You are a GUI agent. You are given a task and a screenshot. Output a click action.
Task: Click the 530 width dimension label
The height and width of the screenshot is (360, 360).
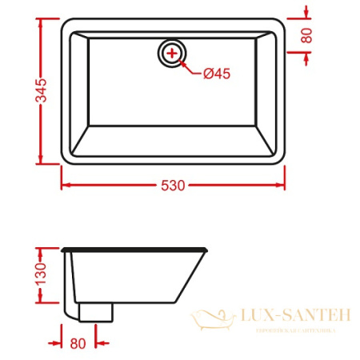click(x=173, y=186)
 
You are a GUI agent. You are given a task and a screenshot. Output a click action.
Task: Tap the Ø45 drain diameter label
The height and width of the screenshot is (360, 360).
click(x=216, y=74)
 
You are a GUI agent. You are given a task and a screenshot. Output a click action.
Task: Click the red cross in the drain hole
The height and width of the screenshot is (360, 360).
click(x=172, y=54)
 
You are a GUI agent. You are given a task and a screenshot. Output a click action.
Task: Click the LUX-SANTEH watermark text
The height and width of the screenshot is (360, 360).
click(x=294, y=316)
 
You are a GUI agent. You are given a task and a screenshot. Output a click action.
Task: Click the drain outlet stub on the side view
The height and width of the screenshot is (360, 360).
click(x=95, y=310)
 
